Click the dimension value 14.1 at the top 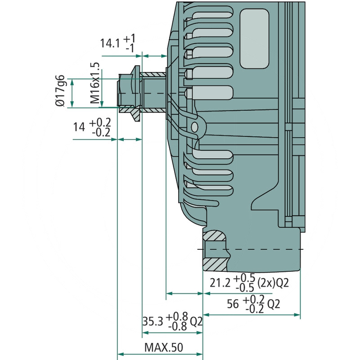coord(109,43)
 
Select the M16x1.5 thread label coord(94,84)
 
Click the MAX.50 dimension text coord(163,348)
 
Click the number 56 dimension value coord(233,304)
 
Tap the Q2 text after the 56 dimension coord(274,304)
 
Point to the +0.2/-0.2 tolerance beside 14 coord(100,127)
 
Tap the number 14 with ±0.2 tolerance coord(79,127)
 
